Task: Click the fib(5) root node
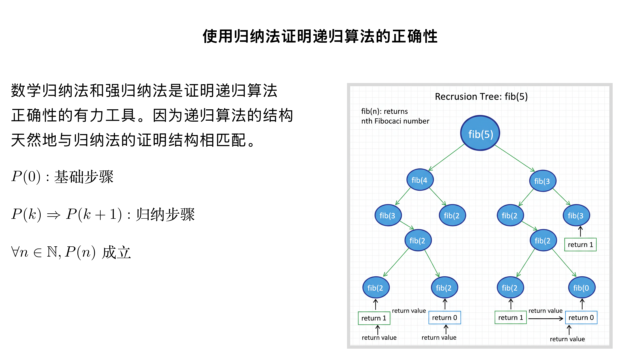pos(480,133)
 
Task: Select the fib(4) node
pos(420,180)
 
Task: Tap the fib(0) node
pos(581,288)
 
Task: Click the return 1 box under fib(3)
pos(580,245)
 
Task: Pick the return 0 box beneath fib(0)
pos(581,318)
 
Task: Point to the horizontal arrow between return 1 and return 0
pos(545,319)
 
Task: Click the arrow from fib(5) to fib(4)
pos(447,157)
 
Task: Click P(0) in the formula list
pos(26,177)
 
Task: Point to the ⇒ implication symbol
pos(54,215)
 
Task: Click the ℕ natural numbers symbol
pos(52,252)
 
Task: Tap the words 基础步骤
pos(84,177)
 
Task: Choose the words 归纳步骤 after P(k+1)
pos(165,214)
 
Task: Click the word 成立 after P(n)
pos(116,252)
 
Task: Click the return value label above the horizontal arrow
pos(545,311)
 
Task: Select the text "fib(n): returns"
pos(384,111)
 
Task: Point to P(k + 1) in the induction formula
pos(94,214)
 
